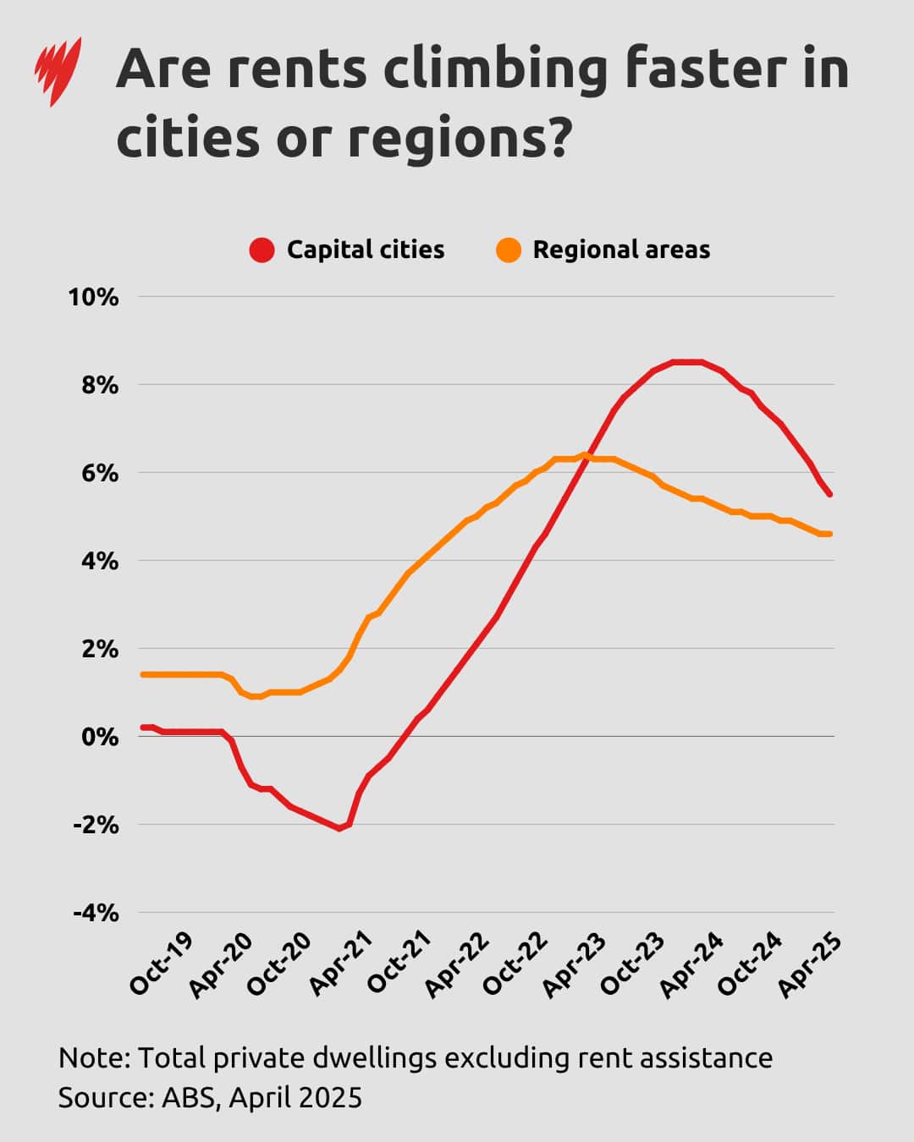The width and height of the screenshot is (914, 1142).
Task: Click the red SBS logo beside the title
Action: click(x=58, y=71)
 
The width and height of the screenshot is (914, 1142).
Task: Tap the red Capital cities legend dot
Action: click(x=262, y=250)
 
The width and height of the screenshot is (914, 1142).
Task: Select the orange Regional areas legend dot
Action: click(x=509, y=250)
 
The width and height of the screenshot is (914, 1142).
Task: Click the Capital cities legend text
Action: click(x=365, y=250)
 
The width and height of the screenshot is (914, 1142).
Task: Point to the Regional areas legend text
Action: click(x=621, y=250)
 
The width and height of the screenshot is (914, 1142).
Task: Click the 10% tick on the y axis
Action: click(x=94, y=297)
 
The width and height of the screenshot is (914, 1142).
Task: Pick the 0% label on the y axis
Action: click(x=100, y=737)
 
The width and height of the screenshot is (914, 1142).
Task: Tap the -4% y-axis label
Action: click(x=96, y=913)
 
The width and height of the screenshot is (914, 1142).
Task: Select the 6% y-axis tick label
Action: click(x=100, y=473)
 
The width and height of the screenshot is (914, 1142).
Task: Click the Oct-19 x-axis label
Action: click(x=161, y=964)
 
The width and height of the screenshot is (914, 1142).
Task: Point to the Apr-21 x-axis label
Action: click(x=339, y=964)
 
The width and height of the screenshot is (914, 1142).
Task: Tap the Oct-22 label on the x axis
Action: click(x=515, y=964)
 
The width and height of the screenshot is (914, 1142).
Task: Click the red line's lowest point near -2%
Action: click(x=339, y=828)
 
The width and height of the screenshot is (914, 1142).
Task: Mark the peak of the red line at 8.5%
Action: click(x=687, y=362)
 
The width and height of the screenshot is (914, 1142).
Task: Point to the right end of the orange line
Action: click(x=830, y=534)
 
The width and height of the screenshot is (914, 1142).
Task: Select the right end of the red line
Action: click(x=830, y=495)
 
